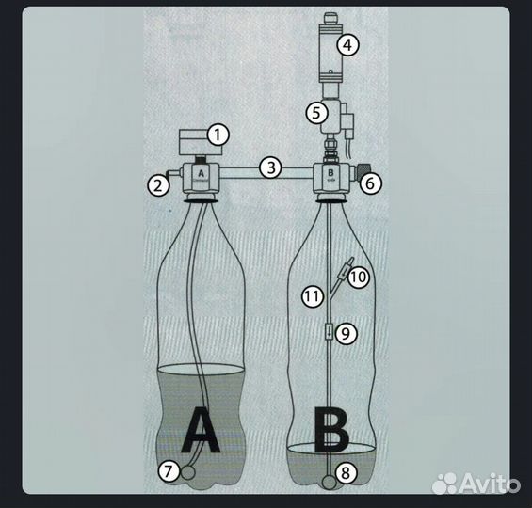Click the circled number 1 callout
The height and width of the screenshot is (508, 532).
click(218, 135)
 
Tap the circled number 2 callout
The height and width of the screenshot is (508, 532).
click(158, 185)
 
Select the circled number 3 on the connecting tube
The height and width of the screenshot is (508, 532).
click(271, 167)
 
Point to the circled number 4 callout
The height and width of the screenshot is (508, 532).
click(347, 44)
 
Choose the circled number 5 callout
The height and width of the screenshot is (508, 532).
click(316, 113)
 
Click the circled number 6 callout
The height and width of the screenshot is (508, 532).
click(370, 183)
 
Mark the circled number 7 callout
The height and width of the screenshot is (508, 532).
click(169, 470)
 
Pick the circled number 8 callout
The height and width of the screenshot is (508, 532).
click(346, 473)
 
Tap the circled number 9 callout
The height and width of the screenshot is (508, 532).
click(346, 334)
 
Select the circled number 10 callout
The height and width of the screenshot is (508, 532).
click(359, 277)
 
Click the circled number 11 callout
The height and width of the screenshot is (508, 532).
click(313, 296)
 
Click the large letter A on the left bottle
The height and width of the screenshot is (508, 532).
click(201, 430)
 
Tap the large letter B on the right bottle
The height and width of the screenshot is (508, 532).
click(331, 430)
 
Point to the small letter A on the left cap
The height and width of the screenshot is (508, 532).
click(202, 173)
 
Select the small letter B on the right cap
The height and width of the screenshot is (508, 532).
click(330, 172)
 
